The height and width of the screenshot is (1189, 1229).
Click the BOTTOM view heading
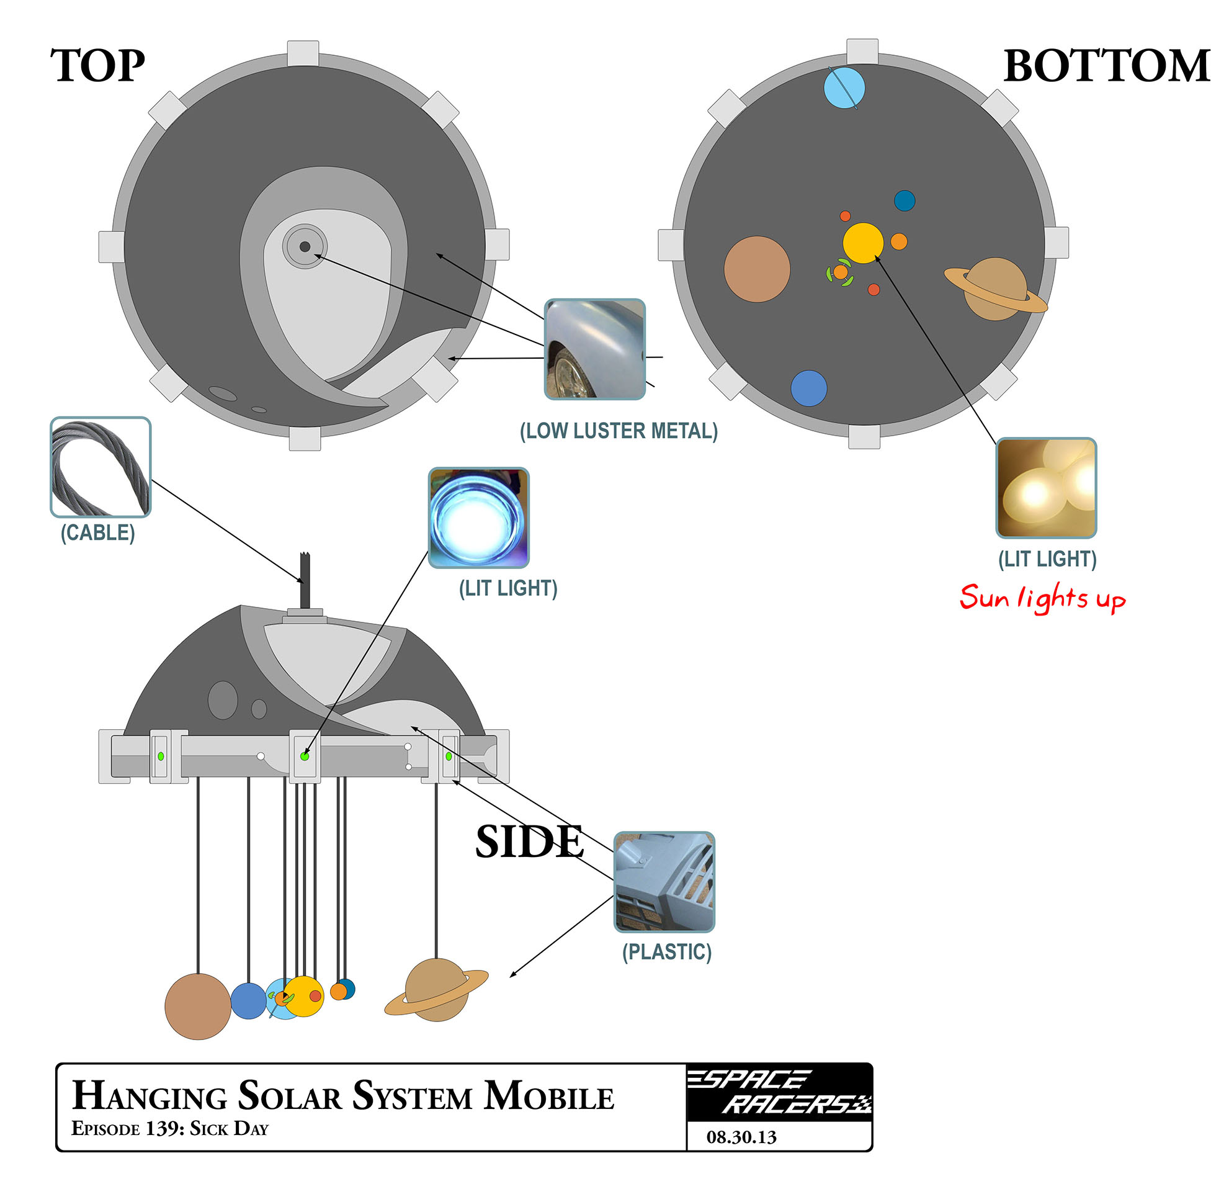pyautogui.click(x=1106, y=66)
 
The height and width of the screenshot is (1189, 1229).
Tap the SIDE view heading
pyautogui.click(x=529, y=841)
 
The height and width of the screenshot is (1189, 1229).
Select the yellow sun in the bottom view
pyautogui.click(x=863, y=243)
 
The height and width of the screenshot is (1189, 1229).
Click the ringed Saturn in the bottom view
pyautogui.click(x=995, y=289)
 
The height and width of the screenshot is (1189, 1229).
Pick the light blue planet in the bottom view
pyautogui.click(x=844, y=88)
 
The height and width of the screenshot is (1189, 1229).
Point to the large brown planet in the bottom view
pyautogui.click(x=757, y=269)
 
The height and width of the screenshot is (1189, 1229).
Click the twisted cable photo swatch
pyautogui.click(x=101, y=467)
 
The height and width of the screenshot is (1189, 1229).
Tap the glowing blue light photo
pyautogui.click(x=478, y=518)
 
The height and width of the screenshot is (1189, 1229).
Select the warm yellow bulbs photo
pyautogui.click(x=1046, y=488)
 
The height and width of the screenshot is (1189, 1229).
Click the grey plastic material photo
pyautogui.click(x=664, y=882)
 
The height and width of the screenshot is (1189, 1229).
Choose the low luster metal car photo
pyautogui.click(x=594, y=349)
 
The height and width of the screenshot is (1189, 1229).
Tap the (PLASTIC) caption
pyautogui.click(x=666, y=952)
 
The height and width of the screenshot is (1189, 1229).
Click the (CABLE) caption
pyautogui.click(x=98, y=533)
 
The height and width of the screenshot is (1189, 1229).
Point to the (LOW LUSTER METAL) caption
pyautogui.click(x=619, y=431)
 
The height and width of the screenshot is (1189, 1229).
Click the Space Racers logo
pyautogui.click(x=779, y=1092)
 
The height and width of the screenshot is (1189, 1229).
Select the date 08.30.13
pyautogui.click(x=741, y=1137)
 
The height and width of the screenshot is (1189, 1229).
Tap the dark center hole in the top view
pyautogui.click(x=305, y=246)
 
